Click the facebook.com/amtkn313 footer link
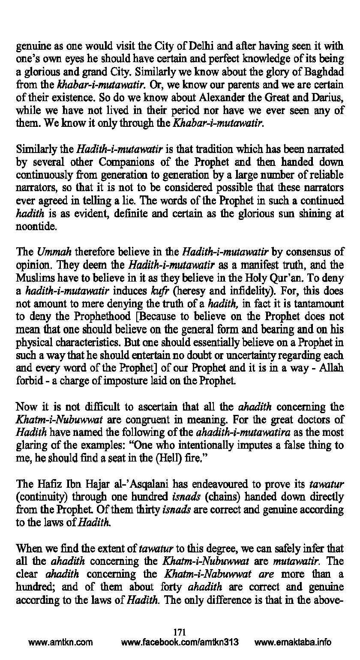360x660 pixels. click(180, 643)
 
